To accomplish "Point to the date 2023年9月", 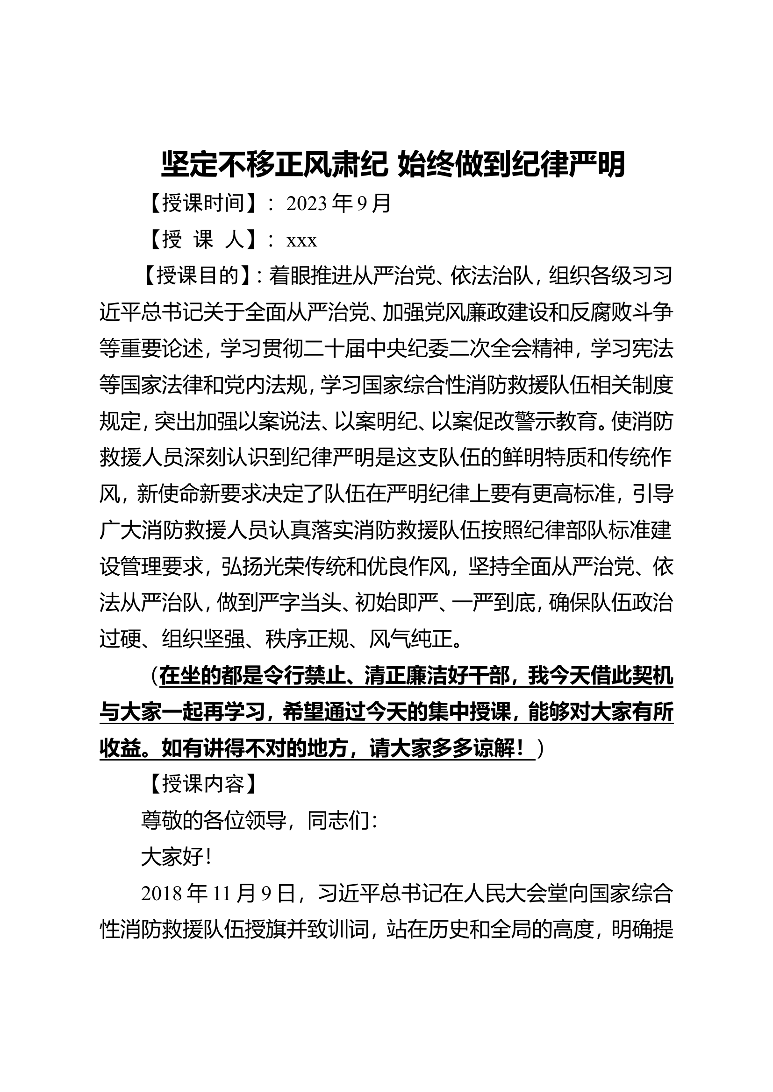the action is point(338,204).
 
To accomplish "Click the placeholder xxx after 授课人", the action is point(301,240).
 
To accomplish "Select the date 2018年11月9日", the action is point(218,894).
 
